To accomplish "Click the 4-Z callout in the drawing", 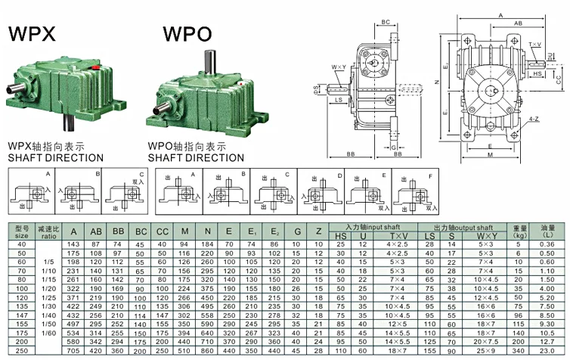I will [534, 119].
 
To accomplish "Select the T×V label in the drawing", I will [536, 45].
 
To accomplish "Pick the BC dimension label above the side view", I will [386, 23].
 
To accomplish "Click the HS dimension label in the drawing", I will [536, 74].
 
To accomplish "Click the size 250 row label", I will [22, 351].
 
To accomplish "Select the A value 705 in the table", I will [73, 351].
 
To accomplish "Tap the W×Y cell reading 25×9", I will [485, 351].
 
